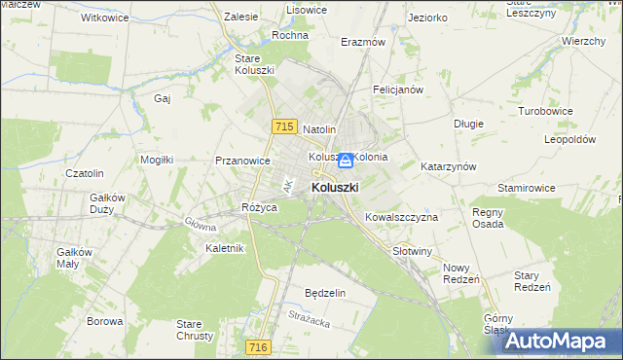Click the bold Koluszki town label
[x=335, y=187]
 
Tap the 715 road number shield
[x=284, y=126]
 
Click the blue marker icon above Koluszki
[x=344, y=159]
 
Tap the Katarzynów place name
[x=448, y=166]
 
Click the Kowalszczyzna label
[x=401, y=217]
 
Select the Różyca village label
[x=260, y=208]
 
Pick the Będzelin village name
[x=325, y=293]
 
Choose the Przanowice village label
[x=243, y=162]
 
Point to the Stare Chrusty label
[x=189, y=330]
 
